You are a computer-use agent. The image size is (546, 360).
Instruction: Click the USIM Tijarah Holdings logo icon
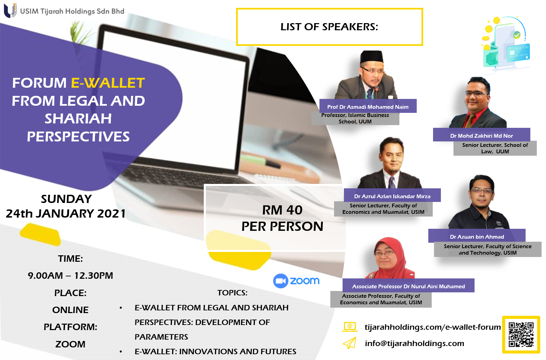pyautogui.click(x=10, y=11)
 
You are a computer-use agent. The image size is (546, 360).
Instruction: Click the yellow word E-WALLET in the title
pyautogui.click(x=108, y=83)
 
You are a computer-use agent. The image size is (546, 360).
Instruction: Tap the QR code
pyautogui.click(x=521, y=335)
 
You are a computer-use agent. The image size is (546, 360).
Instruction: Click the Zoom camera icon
pyautogui.click(x=281, y=281)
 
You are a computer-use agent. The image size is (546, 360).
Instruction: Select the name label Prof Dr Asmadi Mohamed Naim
pyautogui.click(x=368, y=107)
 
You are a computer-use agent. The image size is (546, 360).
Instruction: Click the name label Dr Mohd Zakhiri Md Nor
pyautogui.click(x=481, y=136)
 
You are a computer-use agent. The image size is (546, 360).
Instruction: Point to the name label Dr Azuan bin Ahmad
pyautogui.click(x=477, y=237)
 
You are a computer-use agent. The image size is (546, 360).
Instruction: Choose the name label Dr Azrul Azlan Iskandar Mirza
pyautogui.click(x=392, y=196)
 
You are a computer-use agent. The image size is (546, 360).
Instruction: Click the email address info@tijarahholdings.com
pyautogui.click(x=414, y=343)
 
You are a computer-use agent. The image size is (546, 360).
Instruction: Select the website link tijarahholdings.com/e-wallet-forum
pyautogui.click(x=433, y=327)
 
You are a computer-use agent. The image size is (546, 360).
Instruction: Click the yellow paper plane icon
pyautogui.click(x=349, y=343)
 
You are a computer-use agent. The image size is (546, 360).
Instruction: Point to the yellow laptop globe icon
pyautogui.click(x=350, y=327)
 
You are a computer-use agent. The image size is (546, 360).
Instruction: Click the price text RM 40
pyautogui.click(x=282, y=210)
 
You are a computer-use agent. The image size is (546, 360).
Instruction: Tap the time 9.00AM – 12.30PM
pyautogui.click(x=70, y=276)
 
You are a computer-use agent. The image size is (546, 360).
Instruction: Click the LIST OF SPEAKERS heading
pyautogui.click(x=329, y=27)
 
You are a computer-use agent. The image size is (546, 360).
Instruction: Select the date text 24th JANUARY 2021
pyautogui.click(x=66, y=213)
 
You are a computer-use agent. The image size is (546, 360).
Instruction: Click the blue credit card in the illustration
pyautogui.click(x=518, y=53)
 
